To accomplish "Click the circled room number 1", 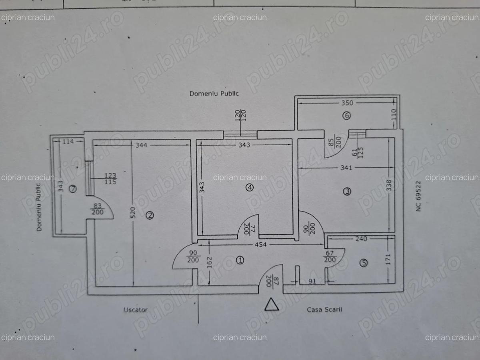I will pyautogui.click(x=240, y=260).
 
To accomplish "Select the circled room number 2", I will pyautogui.click(x=150, y=216).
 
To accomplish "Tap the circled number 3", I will pyautogui.click(x=347, y=192).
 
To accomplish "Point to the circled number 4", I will pyautogui.click(x=250, y=187).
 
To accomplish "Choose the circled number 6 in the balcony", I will pyautogui.click(x=346, y=116).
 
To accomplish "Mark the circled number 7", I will pyautogui.click(x=72, y=189).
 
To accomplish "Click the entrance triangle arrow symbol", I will pyautogui.click(x=272, y=304).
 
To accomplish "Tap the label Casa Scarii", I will pyautogui.click(x=324, y=309).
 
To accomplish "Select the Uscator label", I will pyautogui.click(x=135, y=310).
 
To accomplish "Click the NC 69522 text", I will pyautogui.click(x=419, y=196).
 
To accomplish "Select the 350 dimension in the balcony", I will pyautogui.click(x=347, y=103).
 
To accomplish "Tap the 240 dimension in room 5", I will pyautogui.click(x=361, y=239).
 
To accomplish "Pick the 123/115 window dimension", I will pyautogui.click(x=110, y=179).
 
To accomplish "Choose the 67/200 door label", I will pyautogui.click(x=330, y=256).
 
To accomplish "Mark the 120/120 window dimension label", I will pyautogui.click(x=241, y=116).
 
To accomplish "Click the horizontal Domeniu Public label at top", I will pyautogui.click(x=214, y=94).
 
